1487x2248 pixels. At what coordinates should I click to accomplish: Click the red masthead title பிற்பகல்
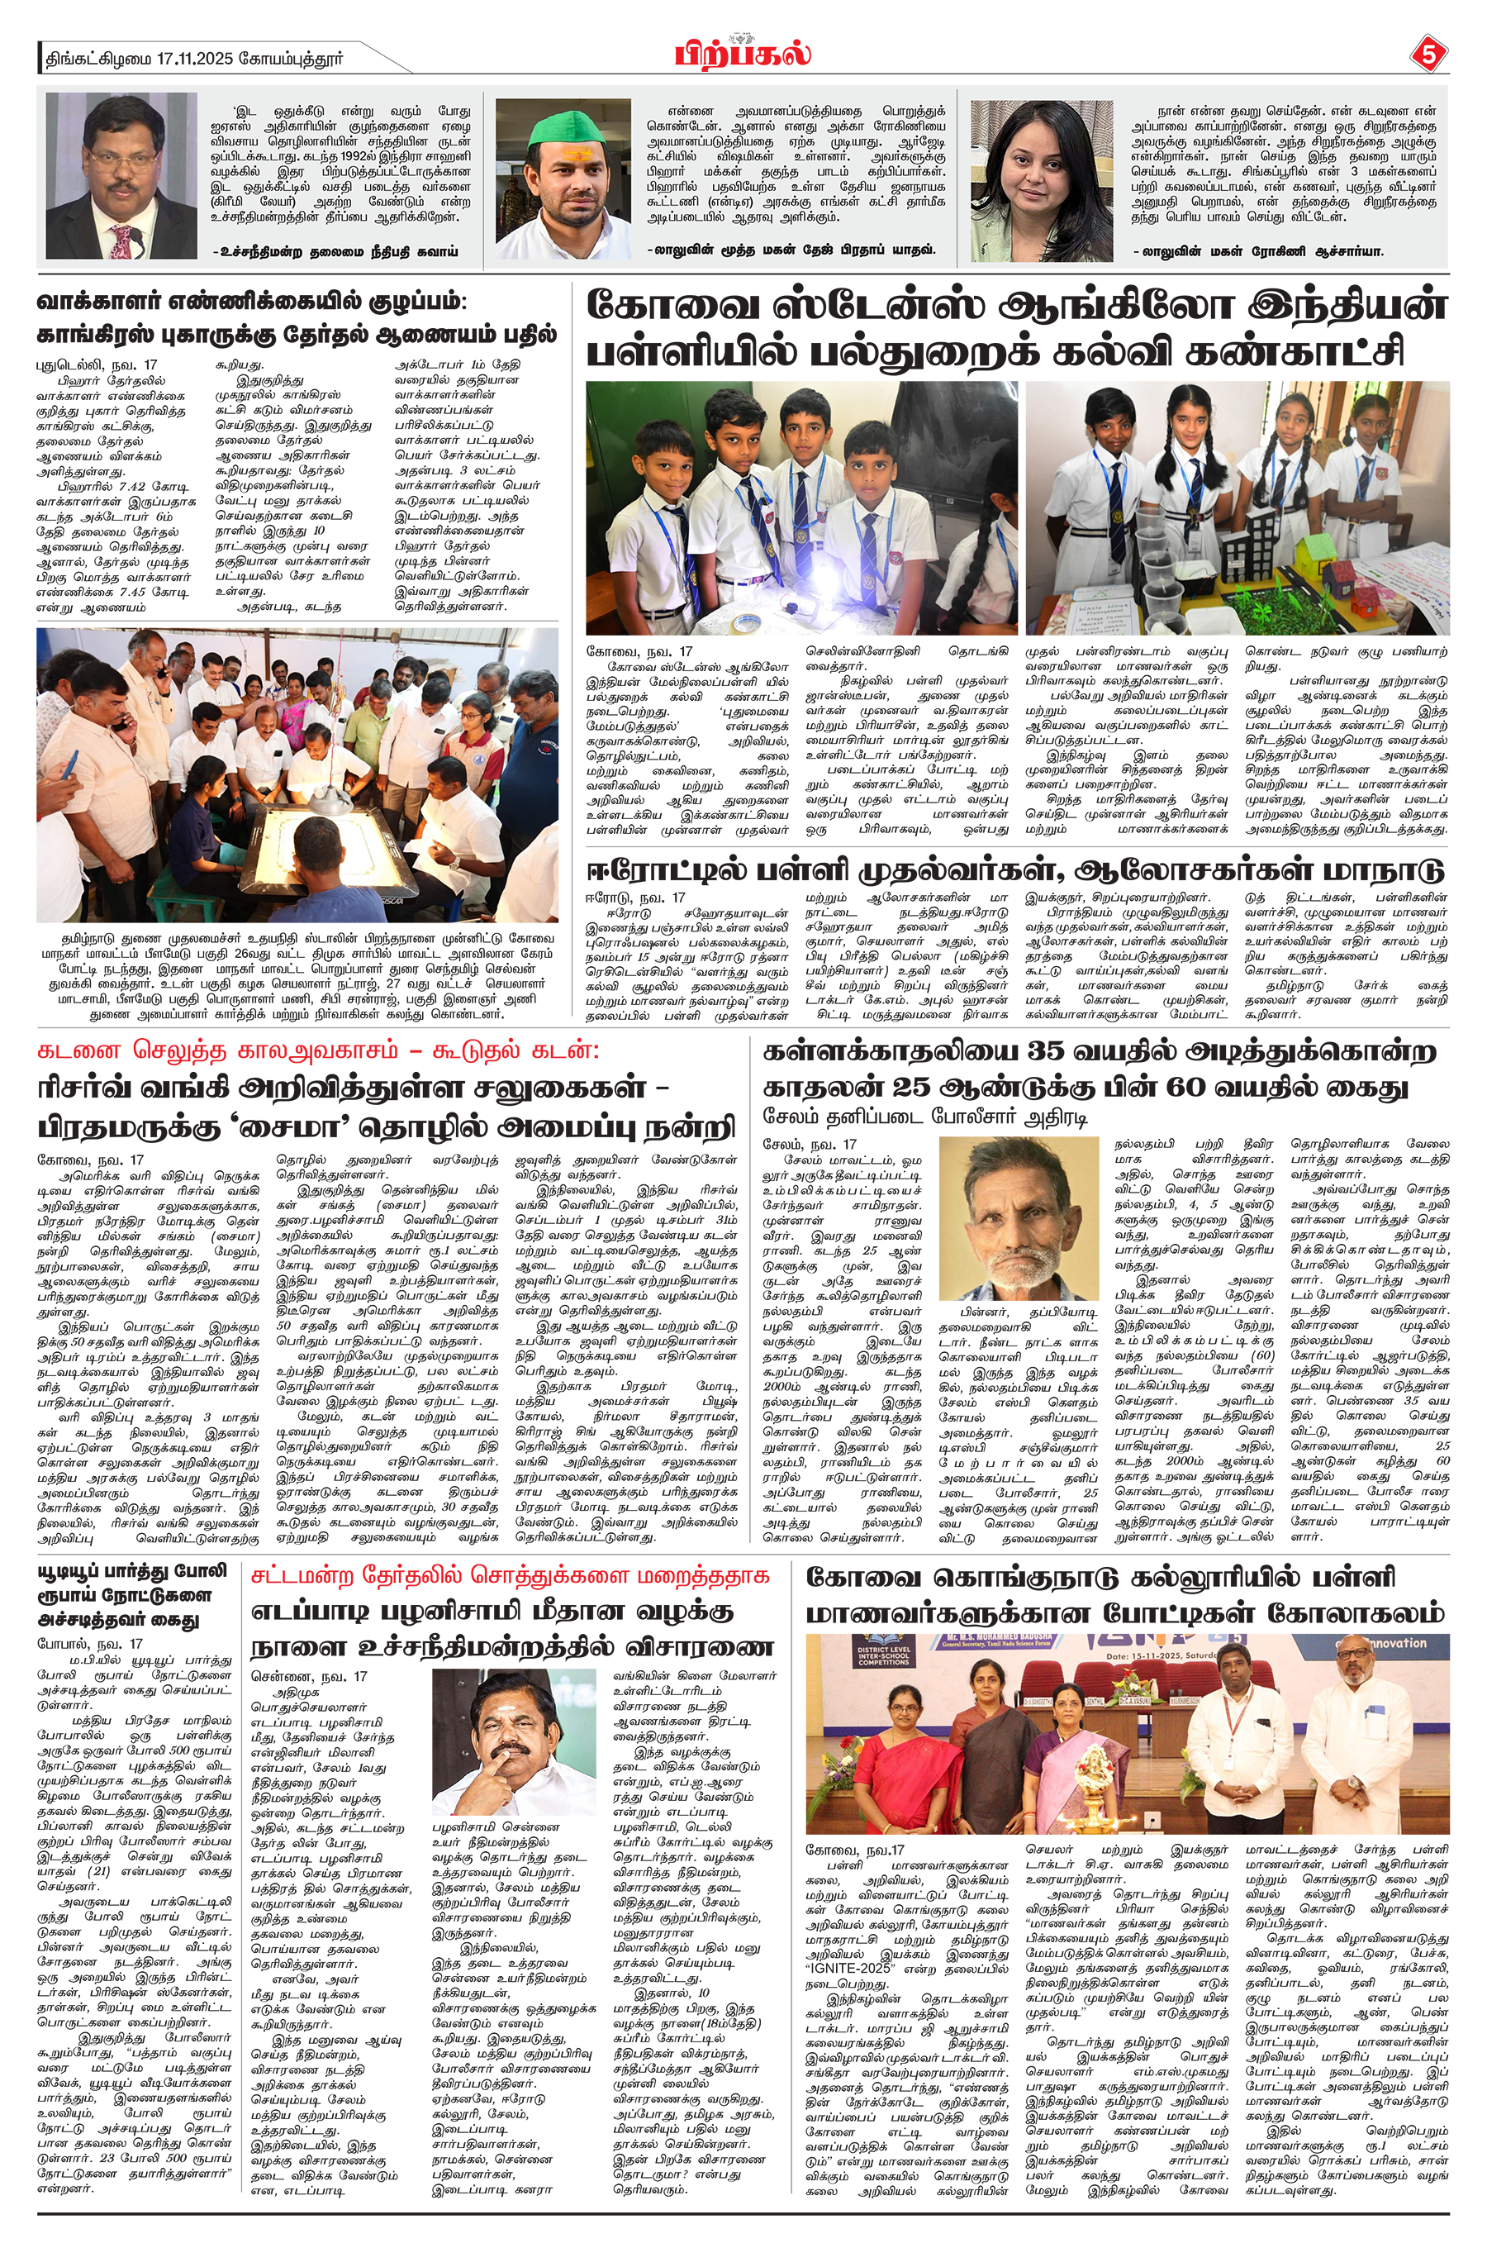[x=743, y=53]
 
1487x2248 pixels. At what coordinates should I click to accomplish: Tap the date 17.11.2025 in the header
[x=213, y=59]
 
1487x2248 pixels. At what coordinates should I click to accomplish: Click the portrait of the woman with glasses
[x=1040, y=180]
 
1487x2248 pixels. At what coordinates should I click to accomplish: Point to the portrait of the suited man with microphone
[x=121, y=176]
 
